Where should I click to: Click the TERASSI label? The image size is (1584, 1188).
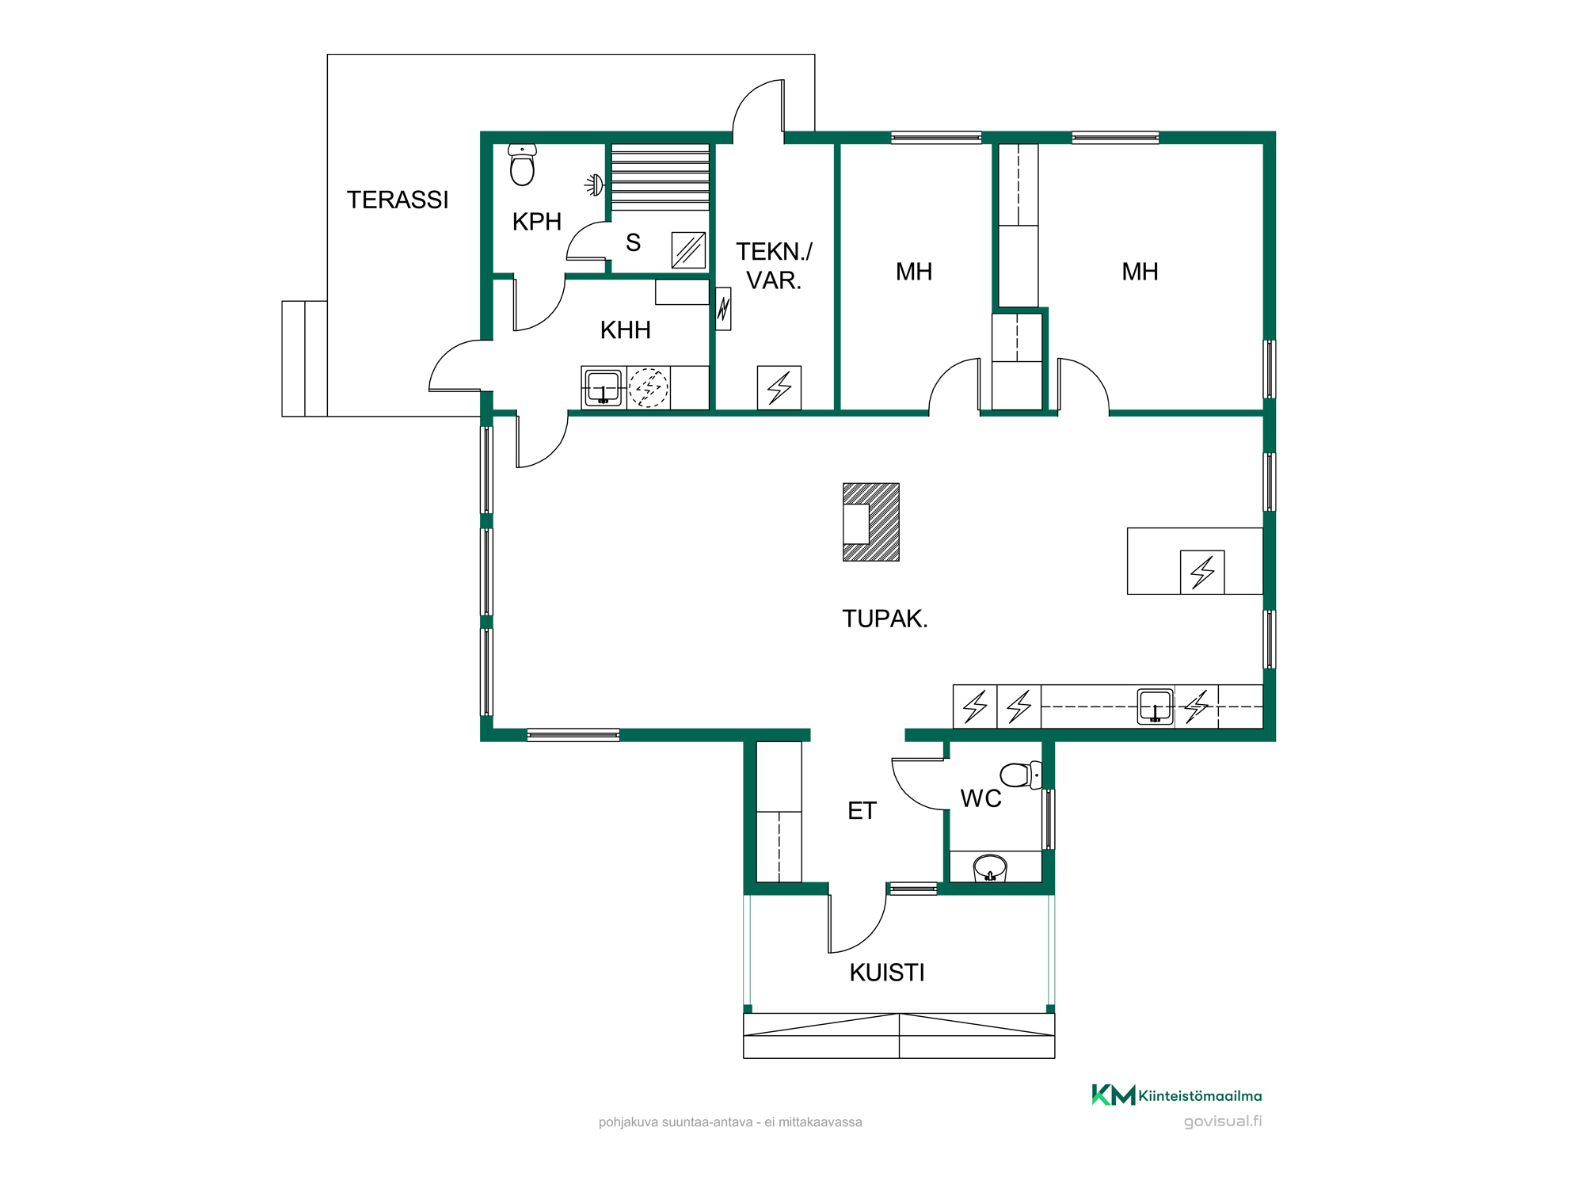(398, 200)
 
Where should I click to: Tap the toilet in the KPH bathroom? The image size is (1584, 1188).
(522, 165)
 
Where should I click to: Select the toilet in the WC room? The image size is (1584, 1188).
(1021, 775)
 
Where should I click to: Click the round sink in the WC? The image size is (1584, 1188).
(990, 868)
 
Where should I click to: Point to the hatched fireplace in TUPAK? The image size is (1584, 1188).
(871, 522)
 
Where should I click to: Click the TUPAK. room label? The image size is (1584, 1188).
(885, 619)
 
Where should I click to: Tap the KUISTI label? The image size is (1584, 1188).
(887, 973)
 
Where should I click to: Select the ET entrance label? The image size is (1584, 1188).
(862, 811)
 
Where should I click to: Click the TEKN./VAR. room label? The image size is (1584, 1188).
(774, 266)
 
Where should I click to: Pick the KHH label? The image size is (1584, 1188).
(625, 330)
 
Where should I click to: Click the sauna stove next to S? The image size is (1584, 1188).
(688, 250)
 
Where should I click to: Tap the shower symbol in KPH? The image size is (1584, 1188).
(594, 185)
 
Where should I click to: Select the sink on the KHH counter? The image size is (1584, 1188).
(604, 388)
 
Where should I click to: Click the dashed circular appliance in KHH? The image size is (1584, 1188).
(649, 388)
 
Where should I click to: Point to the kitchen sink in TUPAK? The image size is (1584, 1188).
(1156, 706)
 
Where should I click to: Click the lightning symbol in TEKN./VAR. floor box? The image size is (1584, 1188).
(779, 388)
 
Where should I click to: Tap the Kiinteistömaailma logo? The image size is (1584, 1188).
(1177, 1095)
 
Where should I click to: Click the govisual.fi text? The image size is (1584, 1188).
(1223, 1121)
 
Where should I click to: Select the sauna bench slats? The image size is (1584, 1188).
(660, 177)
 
